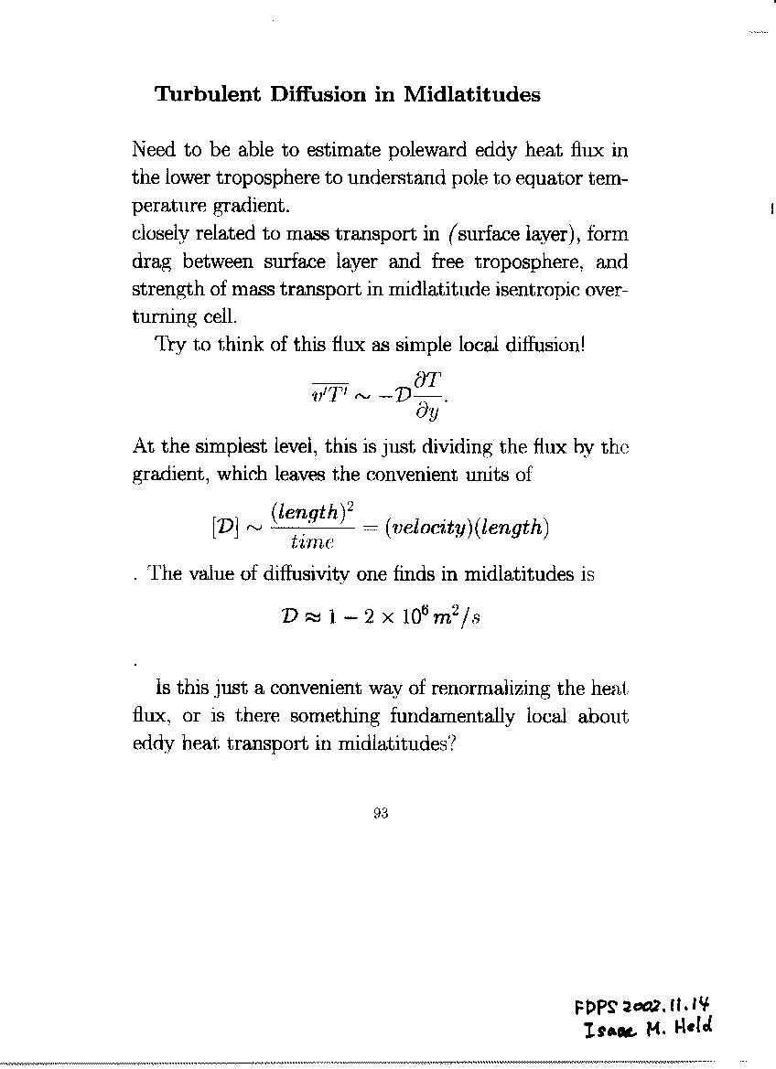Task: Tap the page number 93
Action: pos(382,816)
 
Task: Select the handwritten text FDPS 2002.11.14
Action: pos(641,1008)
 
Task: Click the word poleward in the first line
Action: pos(415,150)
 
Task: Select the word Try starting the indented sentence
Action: pos(170,346)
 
